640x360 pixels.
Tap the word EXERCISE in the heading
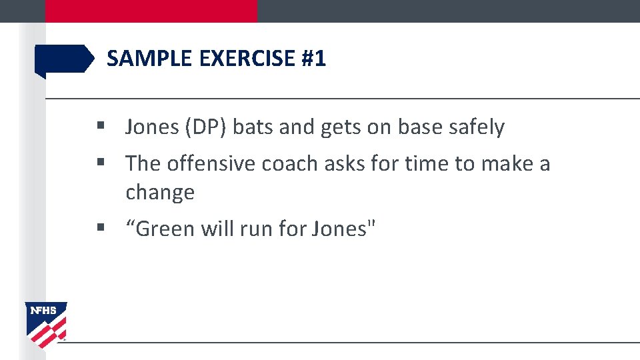pyautogui.click(x=248, y=59)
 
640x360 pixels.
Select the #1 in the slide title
pyautogui.click(x=314, y=59)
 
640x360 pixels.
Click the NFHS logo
pyautogui.click(x=46, y=324)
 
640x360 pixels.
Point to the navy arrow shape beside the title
pyautogui.click(x=64, y=59)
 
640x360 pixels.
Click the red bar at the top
pyautogui.click(x=151, y=11)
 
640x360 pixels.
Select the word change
pyautogui.click(x=160, y=193)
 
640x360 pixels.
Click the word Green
pyautogui.click(x=167, y=229)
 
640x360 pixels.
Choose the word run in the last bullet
pyautogui.click(x=257, y=229)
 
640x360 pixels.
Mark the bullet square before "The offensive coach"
pyautogui.click(x=101, y=163)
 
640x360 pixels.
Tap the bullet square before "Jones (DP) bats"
pyautogui.click(x=101, y=126)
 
